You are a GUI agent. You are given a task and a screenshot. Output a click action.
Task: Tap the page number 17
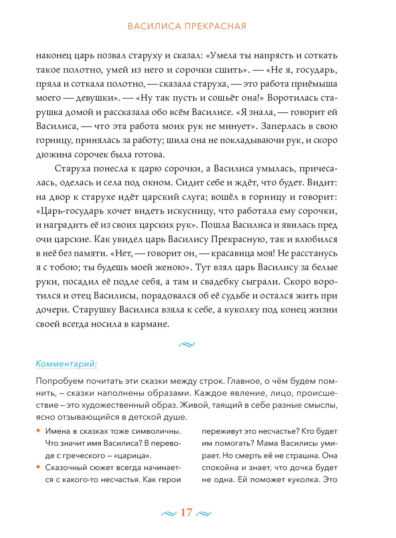point(186,512)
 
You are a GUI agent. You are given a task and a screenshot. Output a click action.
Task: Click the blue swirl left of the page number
point(168,513)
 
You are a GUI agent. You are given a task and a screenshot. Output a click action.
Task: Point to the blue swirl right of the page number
point(204,513)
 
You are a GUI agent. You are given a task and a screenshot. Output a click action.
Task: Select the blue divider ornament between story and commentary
point(186,344)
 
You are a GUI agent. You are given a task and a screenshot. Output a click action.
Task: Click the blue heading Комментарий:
point(67,364)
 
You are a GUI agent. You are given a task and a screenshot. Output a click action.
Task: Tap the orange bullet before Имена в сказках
point(38,431)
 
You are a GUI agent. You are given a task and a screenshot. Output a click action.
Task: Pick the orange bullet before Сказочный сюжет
point(38,467)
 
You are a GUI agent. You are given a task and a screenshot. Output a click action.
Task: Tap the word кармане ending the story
point(150,324)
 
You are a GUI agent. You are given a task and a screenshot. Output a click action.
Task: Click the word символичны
point(156,431)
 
